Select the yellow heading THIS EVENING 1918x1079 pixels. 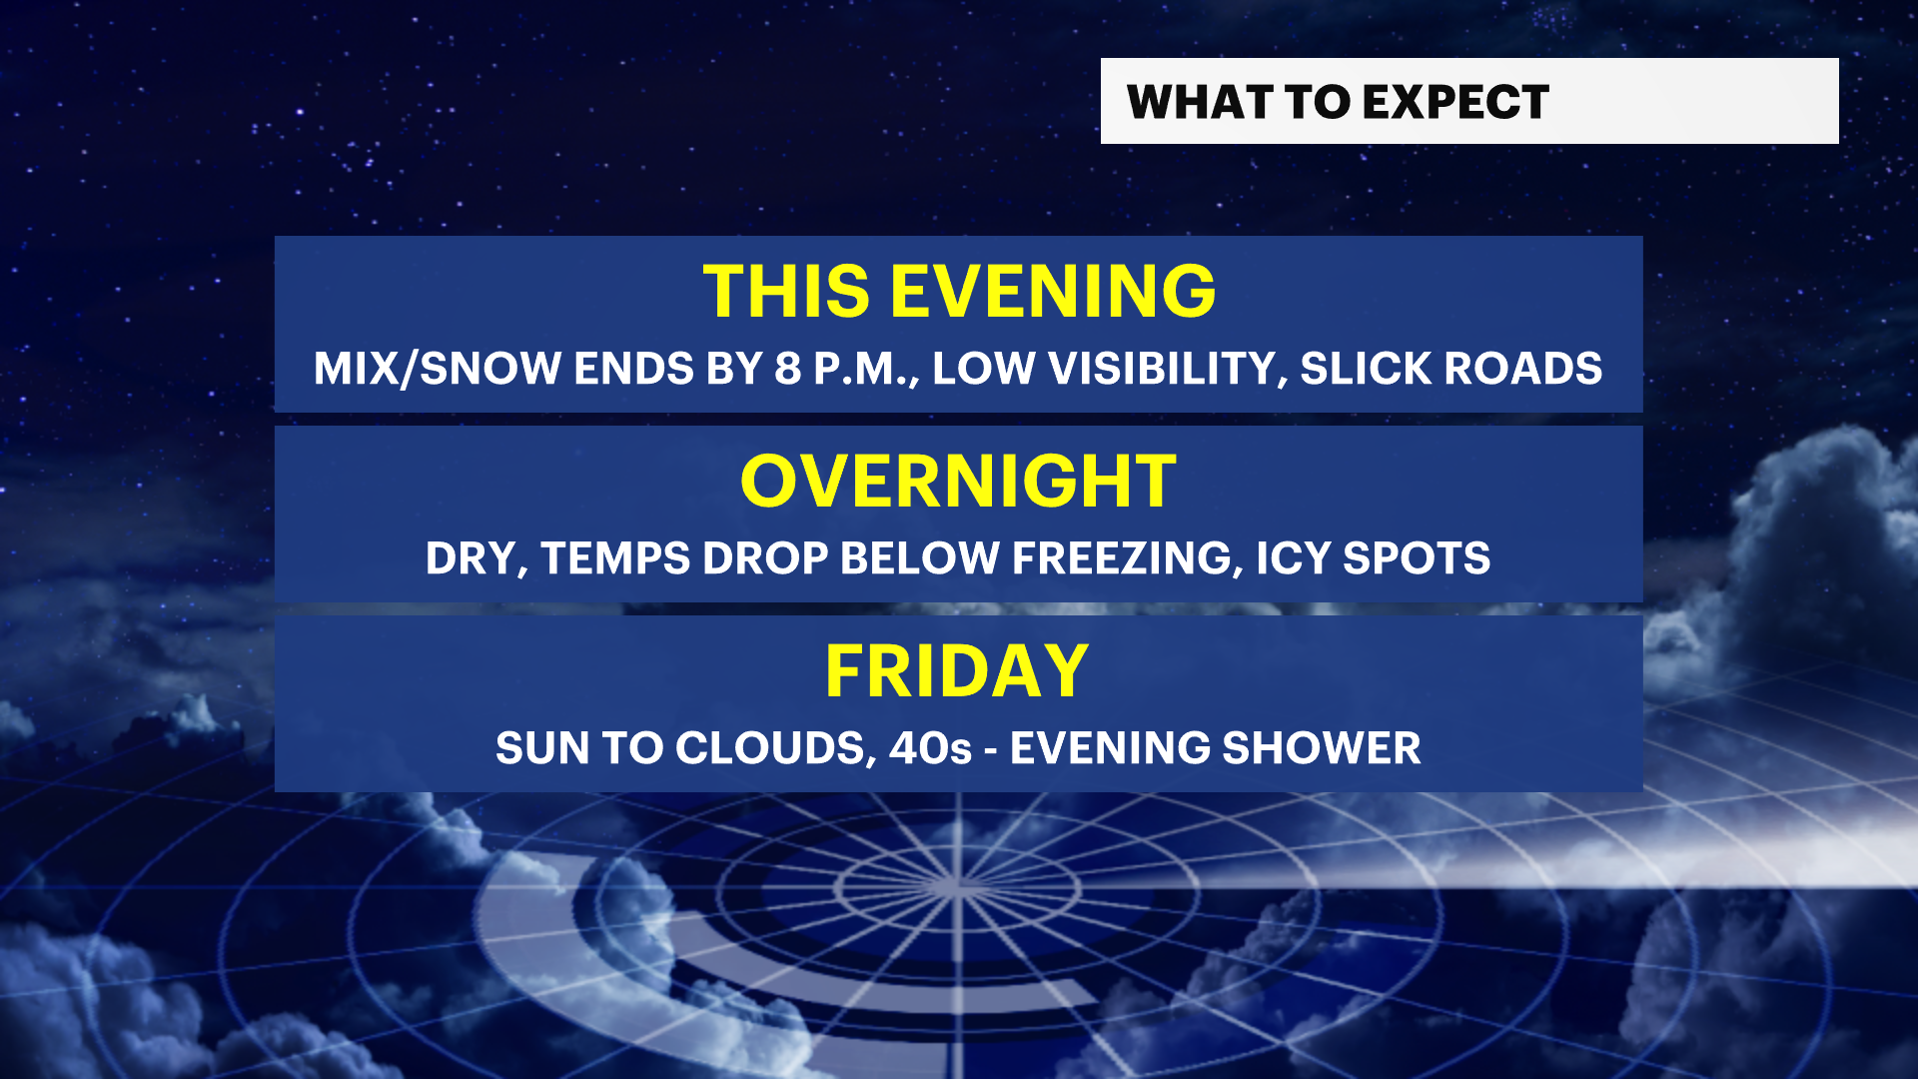[959, 292]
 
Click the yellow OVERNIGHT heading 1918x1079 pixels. [958, 482]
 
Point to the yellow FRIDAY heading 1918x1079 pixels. [957, 670]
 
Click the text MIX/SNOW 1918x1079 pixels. [438, 369]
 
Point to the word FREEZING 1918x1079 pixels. [1127, 559]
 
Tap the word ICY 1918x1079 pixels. [1293, 558]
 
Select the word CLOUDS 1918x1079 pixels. [770, 749]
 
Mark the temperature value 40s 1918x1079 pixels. [930, 748]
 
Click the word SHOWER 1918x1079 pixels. [1321, 748]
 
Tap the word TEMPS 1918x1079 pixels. [615, 558]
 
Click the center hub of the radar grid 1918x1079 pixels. [957, 885]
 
